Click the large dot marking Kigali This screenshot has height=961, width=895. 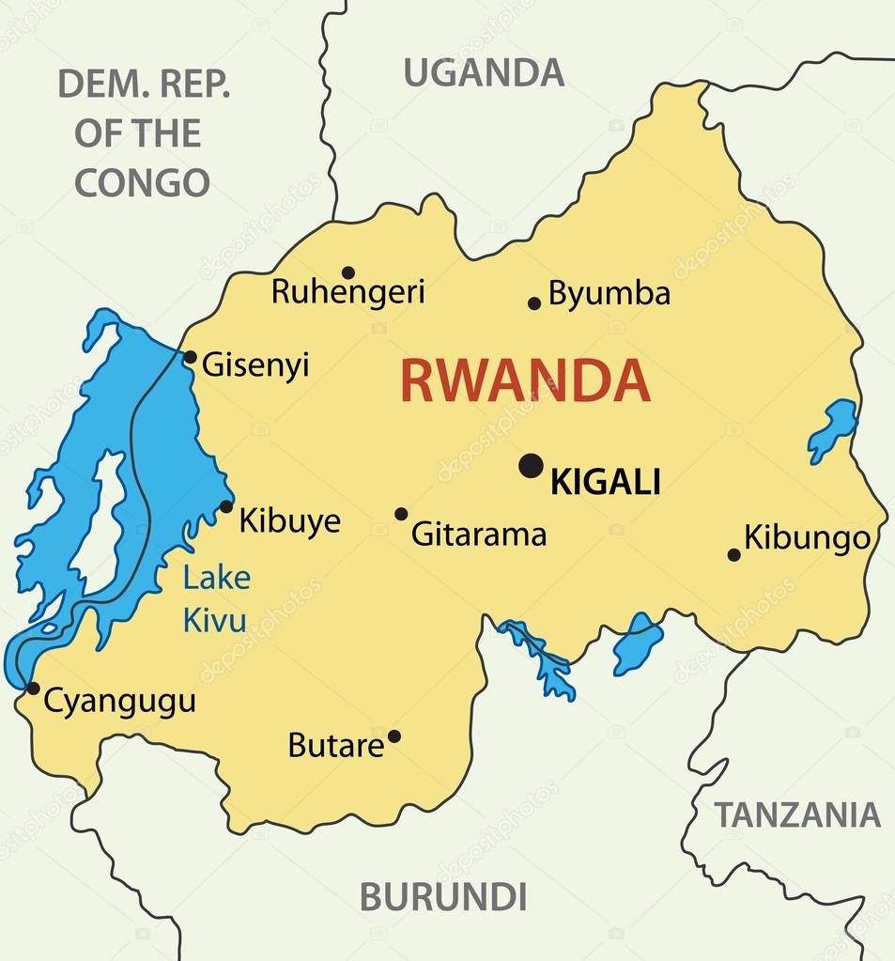click(532, 465)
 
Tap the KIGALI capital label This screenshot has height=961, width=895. click(605, 483)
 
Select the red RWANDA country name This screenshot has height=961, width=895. click(525, 381)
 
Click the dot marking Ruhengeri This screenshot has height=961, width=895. click(348, 272)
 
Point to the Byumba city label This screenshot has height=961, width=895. click(610, 294)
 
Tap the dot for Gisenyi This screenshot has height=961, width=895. click(190, 357)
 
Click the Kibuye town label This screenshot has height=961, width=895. click(289, 520)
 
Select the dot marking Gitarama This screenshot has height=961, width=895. click(401, 514)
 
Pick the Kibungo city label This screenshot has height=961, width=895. click(807, 538)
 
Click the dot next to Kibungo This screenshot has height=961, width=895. click(733, 555)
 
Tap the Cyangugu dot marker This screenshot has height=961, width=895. click(33, 689)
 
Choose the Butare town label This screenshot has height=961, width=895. click(335, 746)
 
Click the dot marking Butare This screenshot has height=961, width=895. click(394, 736)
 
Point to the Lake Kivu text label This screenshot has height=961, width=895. click(216, 598)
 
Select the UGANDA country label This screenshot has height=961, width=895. click(484, 72)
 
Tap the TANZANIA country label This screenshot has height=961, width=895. click(797, 814)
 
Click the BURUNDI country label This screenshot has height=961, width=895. click(443, 896)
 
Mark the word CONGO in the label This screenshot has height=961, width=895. click(142, 182)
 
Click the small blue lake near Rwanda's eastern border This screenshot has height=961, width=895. click(832, 428)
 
